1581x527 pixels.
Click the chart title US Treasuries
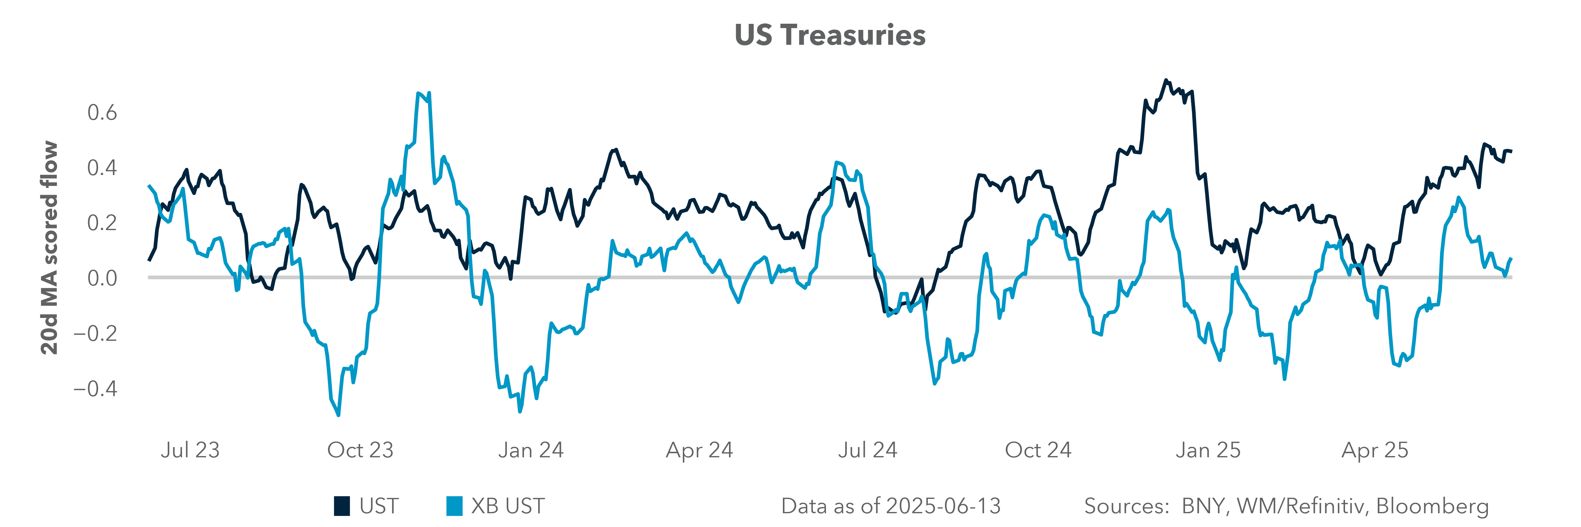(x=830, y=36)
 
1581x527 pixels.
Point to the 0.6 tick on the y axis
(x=102, y=113)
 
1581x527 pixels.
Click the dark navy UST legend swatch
(x=342, y=506)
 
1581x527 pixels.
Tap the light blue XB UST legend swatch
(x=454, y=506)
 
